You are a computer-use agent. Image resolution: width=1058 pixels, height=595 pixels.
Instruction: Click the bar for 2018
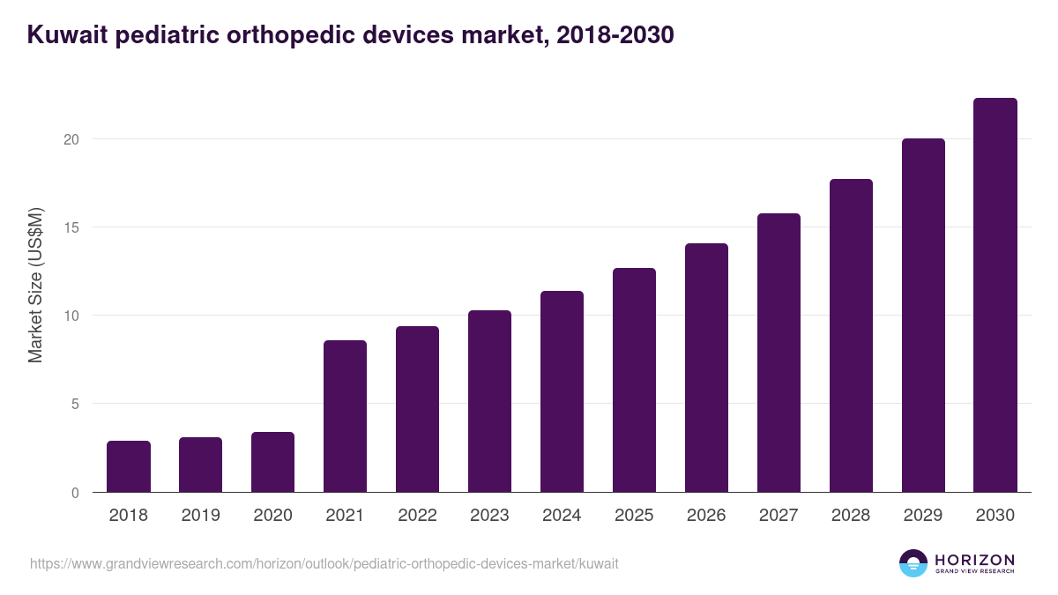[x=129, y=466]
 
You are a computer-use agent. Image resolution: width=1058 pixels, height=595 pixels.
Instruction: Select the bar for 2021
[x=345, y=416]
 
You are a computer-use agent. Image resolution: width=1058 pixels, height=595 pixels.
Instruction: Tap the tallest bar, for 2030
[x=995, y=295]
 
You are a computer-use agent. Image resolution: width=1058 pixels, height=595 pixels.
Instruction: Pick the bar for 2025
[x=634, y=380]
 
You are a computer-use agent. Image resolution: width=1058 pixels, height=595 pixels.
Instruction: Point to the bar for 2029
[x=923, y=316]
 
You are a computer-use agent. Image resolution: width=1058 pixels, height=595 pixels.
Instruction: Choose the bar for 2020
[x=272, y=462]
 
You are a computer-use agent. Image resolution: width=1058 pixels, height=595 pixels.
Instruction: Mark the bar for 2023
[x=489, y=401]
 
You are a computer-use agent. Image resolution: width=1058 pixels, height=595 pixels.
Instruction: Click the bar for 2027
[x=779, y=353]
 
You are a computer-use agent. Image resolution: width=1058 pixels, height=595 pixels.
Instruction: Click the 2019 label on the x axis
[x=201, y=516]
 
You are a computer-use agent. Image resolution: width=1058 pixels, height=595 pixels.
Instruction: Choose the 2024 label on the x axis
[x=562, y=516]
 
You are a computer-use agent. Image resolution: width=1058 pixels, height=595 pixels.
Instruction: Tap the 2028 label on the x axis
[x=851, y=516]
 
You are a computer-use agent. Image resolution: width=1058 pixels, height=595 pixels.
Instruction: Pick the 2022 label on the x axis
[x=417, y=516]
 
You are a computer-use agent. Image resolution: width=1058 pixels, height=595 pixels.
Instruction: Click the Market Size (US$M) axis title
[x=35, y=285]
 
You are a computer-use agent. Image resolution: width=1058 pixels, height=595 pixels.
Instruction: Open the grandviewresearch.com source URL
[x=324, y=563]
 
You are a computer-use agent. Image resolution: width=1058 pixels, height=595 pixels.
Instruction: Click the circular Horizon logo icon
[x=913, y=563]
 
